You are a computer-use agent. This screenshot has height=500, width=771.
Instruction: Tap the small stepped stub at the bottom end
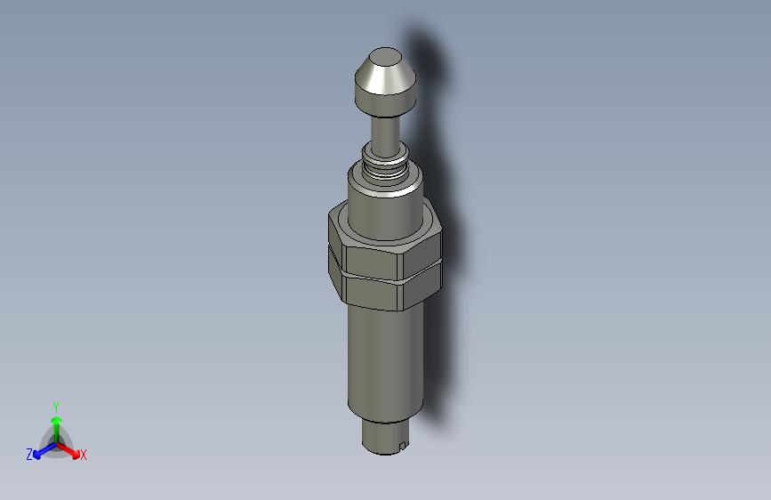pyautogui.click(x=382, y=435)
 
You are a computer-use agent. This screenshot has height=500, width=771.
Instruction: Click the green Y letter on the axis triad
pyautogui.click(x=55, y=406)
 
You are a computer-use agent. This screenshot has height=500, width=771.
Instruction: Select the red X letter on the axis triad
pyautogui.click(x=84, y=456)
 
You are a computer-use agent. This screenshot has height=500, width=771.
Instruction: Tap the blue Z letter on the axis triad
pyautogui.click(x=29, y=455)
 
